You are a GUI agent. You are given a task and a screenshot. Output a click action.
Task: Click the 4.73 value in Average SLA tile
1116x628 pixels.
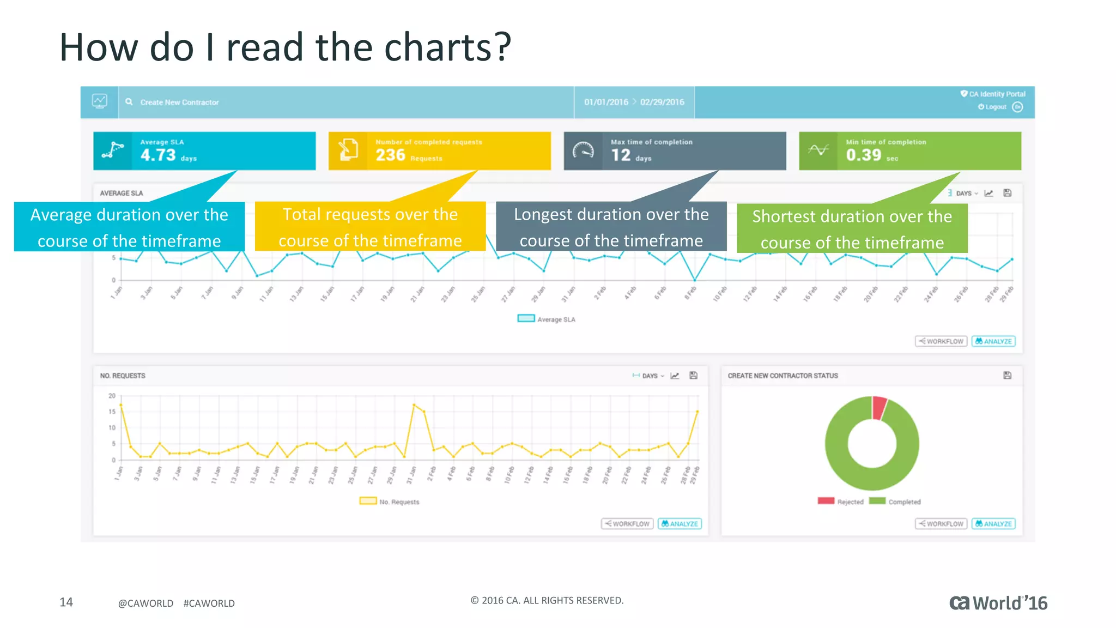tap(158, 155)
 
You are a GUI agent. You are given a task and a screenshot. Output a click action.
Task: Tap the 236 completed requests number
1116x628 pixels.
tap(391, 155)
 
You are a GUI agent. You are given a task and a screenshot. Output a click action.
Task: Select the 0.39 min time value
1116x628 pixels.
tap(863, 155)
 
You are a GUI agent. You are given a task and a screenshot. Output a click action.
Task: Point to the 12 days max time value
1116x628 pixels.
tap(621, 155)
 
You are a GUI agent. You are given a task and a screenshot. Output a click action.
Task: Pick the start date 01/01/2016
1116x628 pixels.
tap(606, 102)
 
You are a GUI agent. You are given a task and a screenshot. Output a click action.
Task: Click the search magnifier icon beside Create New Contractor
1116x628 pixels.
tap(129, 102)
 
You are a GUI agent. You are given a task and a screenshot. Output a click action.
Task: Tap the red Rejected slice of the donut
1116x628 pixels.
tap(879, 407)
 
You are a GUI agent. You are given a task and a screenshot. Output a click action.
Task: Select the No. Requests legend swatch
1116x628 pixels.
tap(368, 501)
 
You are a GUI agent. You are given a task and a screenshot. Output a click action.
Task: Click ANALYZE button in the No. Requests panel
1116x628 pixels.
tap(680, 524)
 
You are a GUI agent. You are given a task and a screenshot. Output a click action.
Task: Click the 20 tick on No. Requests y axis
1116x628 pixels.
tap(112, 396)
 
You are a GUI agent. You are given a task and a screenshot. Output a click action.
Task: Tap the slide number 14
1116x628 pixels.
tap(66, 602)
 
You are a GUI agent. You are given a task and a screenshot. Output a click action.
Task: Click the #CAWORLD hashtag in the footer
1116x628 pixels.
tap(209, 603)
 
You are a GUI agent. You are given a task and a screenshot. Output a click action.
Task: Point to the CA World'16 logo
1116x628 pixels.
tap(998, 603)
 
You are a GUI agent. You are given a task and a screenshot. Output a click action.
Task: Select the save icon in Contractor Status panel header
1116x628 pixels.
tap(1007, 376)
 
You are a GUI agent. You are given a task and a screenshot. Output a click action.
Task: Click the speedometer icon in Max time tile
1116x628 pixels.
tap(583, 151)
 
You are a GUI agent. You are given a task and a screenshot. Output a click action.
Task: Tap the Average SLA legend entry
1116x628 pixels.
tap(547, 319)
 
